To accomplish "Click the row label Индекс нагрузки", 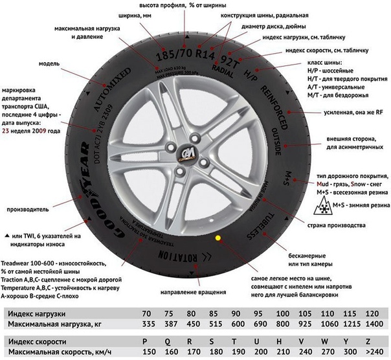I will (x=36, y=313).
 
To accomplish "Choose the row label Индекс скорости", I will (x=36, y=341).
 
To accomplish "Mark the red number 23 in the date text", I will (x=6, y=131).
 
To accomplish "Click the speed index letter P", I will (x=150, y=341).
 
